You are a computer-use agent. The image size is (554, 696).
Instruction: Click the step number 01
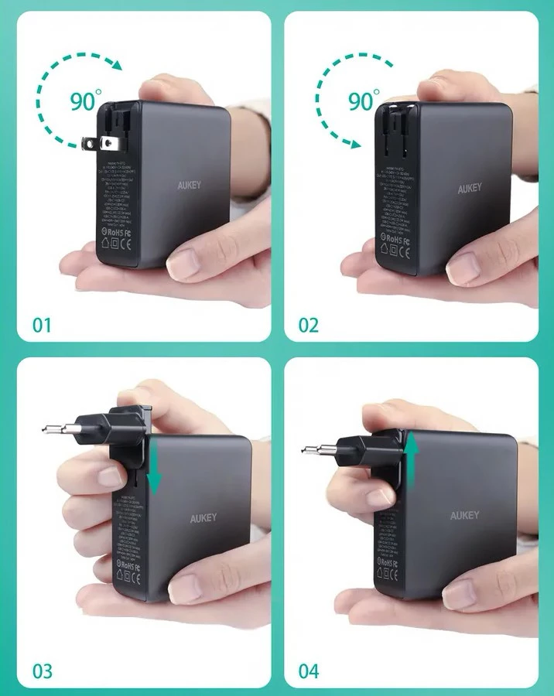pos(42,324)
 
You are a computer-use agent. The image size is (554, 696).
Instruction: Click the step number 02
pos(309,324)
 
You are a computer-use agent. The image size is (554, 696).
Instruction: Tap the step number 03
pos(43,670)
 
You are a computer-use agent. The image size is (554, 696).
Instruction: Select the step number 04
pos(309,670)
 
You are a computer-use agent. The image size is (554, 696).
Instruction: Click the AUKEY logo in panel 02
pos(470,189)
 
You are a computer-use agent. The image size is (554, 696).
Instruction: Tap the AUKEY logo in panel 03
pos(203,518)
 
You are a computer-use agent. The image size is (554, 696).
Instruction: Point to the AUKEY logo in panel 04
pos(464,516)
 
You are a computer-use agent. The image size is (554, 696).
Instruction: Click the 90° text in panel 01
pos(86,101)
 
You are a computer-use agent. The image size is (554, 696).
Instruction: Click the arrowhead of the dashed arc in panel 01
pos(116,67)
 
